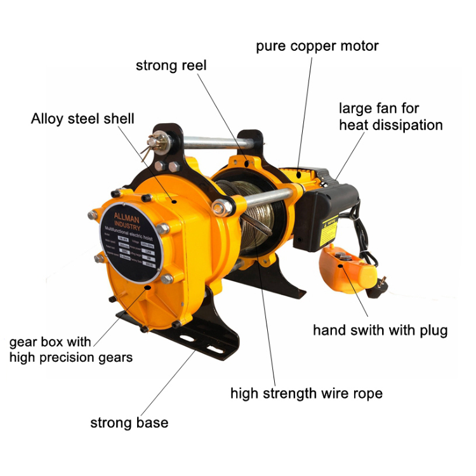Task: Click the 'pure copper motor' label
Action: [x=317, y=46]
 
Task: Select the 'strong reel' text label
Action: [x=171, y=65]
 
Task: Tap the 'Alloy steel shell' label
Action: [x=83, y=119]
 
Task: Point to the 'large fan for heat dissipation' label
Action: [x=390, y=117]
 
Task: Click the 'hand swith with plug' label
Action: [x=380, y=330]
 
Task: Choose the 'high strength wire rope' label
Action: [x=306, y=393]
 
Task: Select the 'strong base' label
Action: [x=129, y=423]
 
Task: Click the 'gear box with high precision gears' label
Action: [x=71, y=349]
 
